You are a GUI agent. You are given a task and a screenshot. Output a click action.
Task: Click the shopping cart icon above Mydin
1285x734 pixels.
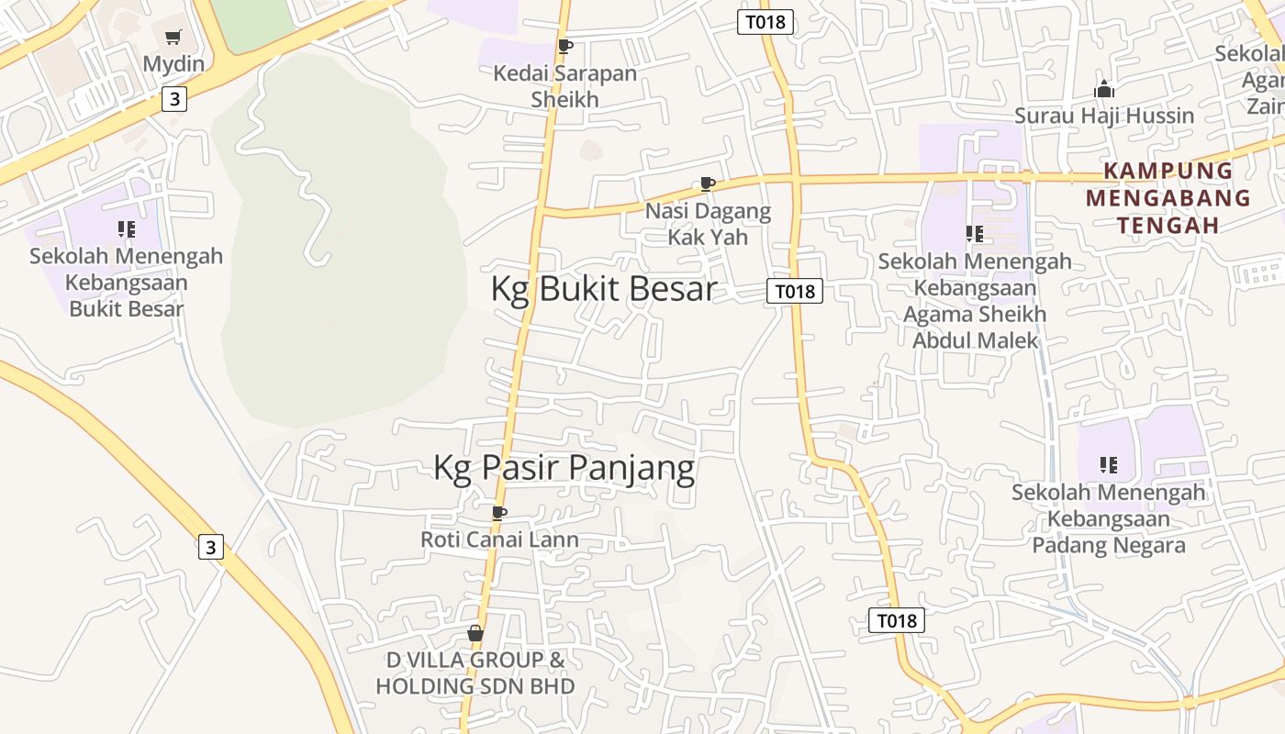coord(173,38)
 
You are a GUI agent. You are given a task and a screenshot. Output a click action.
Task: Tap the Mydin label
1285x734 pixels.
coord(173,64)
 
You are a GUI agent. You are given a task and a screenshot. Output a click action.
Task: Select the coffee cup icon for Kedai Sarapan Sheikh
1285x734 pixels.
coord(565,46)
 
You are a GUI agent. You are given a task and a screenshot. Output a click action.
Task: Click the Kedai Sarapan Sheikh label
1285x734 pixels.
coord(565,86)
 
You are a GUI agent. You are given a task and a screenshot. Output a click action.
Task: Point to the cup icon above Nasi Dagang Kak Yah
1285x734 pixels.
coord(707,183)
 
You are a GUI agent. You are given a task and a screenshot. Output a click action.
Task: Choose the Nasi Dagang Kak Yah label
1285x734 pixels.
coord(708,224)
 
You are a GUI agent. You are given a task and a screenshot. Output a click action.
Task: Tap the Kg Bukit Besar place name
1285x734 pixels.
coord(603,288)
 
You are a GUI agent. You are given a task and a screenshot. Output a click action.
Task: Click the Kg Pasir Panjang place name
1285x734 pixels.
coord(564,467)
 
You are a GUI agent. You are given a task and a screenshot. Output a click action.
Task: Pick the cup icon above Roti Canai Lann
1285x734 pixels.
coord(499,512)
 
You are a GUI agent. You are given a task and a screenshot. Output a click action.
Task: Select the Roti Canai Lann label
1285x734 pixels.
coord(499,539)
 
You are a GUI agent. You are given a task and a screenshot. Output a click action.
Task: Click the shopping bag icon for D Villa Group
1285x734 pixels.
coord(475,633)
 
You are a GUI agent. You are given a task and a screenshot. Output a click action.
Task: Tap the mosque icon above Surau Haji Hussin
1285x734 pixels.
coord(1104,89)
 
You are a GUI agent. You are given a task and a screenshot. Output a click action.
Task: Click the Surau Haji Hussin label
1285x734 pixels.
coord(1104,116)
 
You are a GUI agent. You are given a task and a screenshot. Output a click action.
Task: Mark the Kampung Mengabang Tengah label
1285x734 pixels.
coord(1168,197)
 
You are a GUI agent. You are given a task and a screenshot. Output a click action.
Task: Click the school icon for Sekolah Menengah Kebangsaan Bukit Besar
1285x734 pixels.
coord(127,229)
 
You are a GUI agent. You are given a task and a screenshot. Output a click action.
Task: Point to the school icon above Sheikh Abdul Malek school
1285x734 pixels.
coord(975,234)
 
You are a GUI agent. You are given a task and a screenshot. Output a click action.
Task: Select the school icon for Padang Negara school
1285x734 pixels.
coord(1109,465)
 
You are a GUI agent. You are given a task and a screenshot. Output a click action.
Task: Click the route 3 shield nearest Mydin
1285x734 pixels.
coord(173,99)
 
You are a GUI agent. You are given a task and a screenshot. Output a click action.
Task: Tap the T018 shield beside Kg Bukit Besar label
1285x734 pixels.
coord(794,292)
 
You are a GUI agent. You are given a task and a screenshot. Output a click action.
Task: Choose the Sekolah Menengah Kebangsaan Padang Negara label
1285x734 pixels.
coord(1109,518)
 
